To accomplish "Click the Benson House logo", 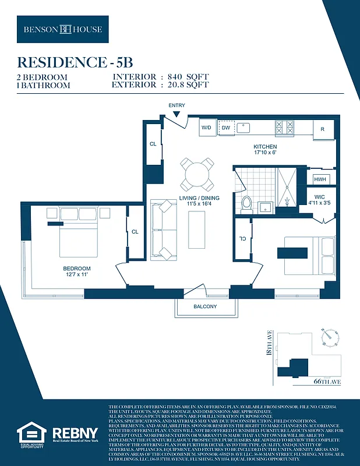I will (62, 29).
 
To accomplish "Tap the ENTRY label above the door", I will (177, 105).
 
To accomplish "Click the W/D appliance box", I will (206, 128).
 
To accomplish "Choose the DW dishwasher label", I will (225, 128).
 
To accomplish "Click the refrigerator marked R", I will (323, 129).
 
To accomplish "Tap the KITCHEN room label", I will (265, 147).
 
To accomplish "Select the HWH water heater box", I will (320, 179).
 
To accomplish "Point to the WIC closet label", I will (319, 197).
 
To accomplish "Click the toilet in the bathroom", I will (246, 203).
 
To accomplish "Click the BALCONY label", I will (205, 307).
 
